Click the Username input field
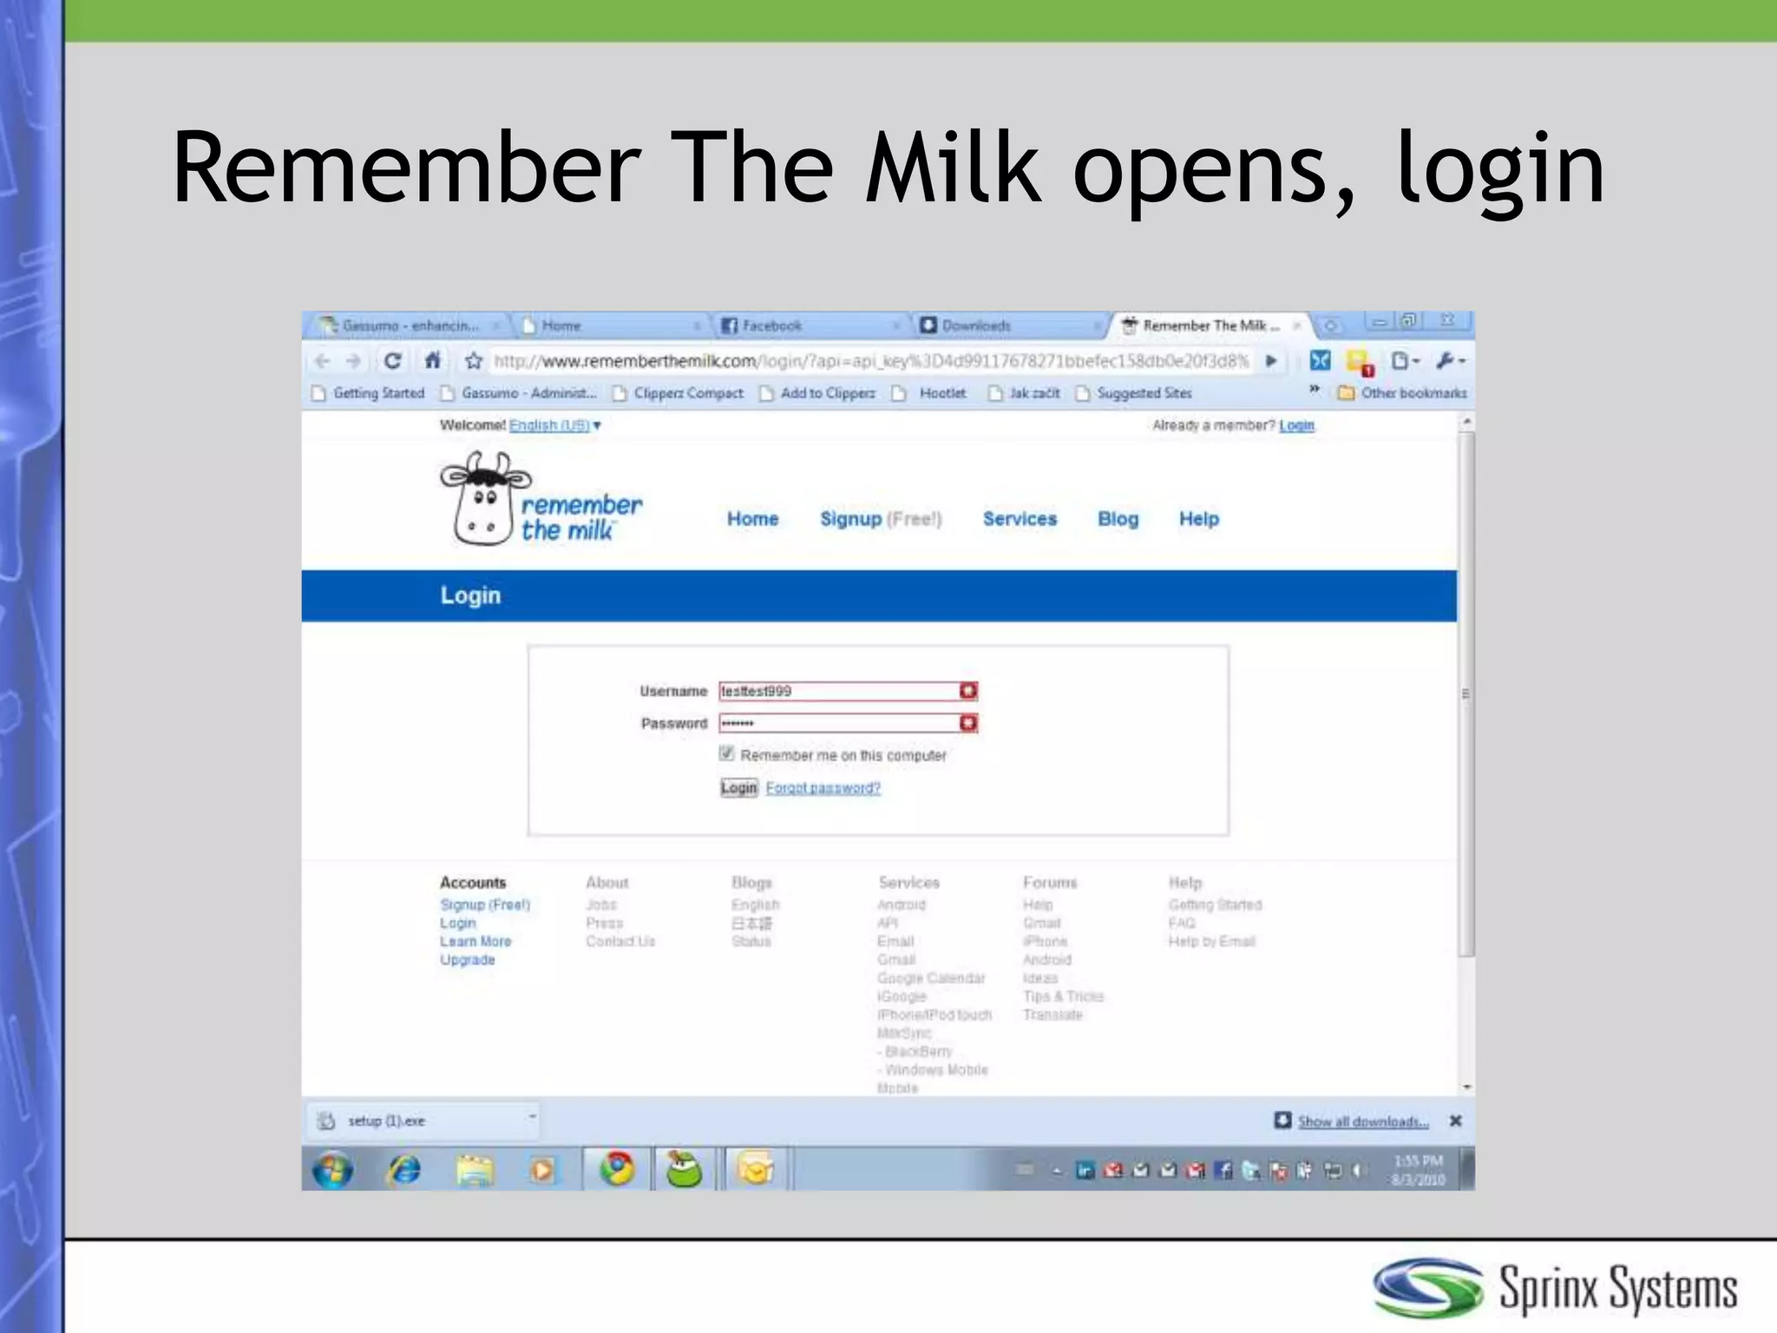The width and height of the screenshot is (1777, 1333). point(838,691)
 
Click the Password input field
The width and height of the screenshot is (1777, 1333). point(838,723)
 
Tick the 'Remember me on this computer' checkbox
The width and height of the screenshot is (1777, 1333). point(727,754)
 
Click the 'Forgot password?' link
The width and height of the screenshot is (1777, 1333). point(823,788)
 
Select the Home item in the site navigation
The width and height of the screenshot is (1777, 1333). point(752,519)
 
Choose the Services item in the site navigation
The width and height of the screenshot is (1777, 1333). point(1020,519)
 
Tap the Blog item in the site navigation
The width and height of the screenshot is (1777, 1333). point(1118,519)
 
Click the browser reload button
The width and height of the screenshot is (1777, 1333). point(392,360)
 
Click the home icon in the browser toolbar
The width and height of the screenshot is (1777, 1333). point(432,360)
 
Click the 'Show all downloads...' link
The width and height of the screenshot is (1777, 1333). point(1362,1121)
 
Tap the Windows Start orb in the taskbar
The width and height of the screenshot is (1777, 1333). point(332,1170)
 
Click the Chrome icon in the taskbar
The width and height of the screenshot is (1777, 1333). point(617,1169)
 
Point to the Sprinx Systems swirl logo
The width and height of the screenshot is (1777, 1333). point(1427,1288)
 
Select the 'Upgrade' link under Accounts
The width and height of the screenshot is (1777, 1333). point(467,960)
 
